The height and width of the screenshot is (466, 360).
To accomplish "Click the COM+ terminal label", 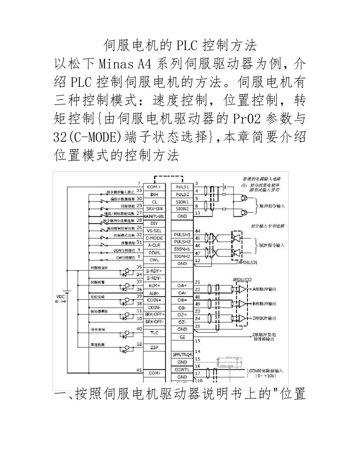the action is (x=154, y=187).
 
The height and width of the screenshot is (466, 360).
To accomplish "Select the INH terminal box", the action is (x=154, y=194).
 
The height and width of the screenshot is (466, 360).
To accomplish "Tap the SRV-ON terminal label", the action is (x=154, y=209).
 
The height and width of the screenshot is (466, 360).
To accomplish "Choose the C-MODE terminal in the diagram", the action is (x=154, y=238).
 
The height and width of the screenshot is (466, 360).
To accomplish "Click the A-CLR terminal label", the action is (x=154, y=245).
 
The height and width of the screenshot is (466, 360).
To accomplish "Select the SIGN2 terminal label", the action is (x=182, y=209).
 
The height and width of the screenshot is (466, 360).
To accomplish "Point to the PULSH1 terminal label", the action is (x=182, y=235).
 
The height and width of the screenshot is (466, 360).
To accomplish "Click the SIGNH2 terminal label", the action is (x=182, y=256).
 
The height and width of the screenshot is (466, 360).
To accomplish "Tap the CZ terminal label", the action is (x=182, y=337).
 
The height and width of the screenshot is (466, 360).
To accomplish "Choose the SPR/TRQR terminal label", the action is (x=182, y=355).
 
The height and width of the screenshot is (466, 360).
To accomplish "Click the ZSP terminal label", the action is (x=154, y=347).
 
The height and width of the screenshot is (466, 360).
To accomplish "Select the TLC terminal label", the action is (x=154, y=333).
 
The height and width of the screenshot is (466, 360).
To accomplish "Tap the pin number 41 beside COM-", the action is (x=139, y=369).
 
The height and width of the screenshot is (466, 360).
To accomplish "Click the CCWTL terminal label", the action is (x=182, y=369).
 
